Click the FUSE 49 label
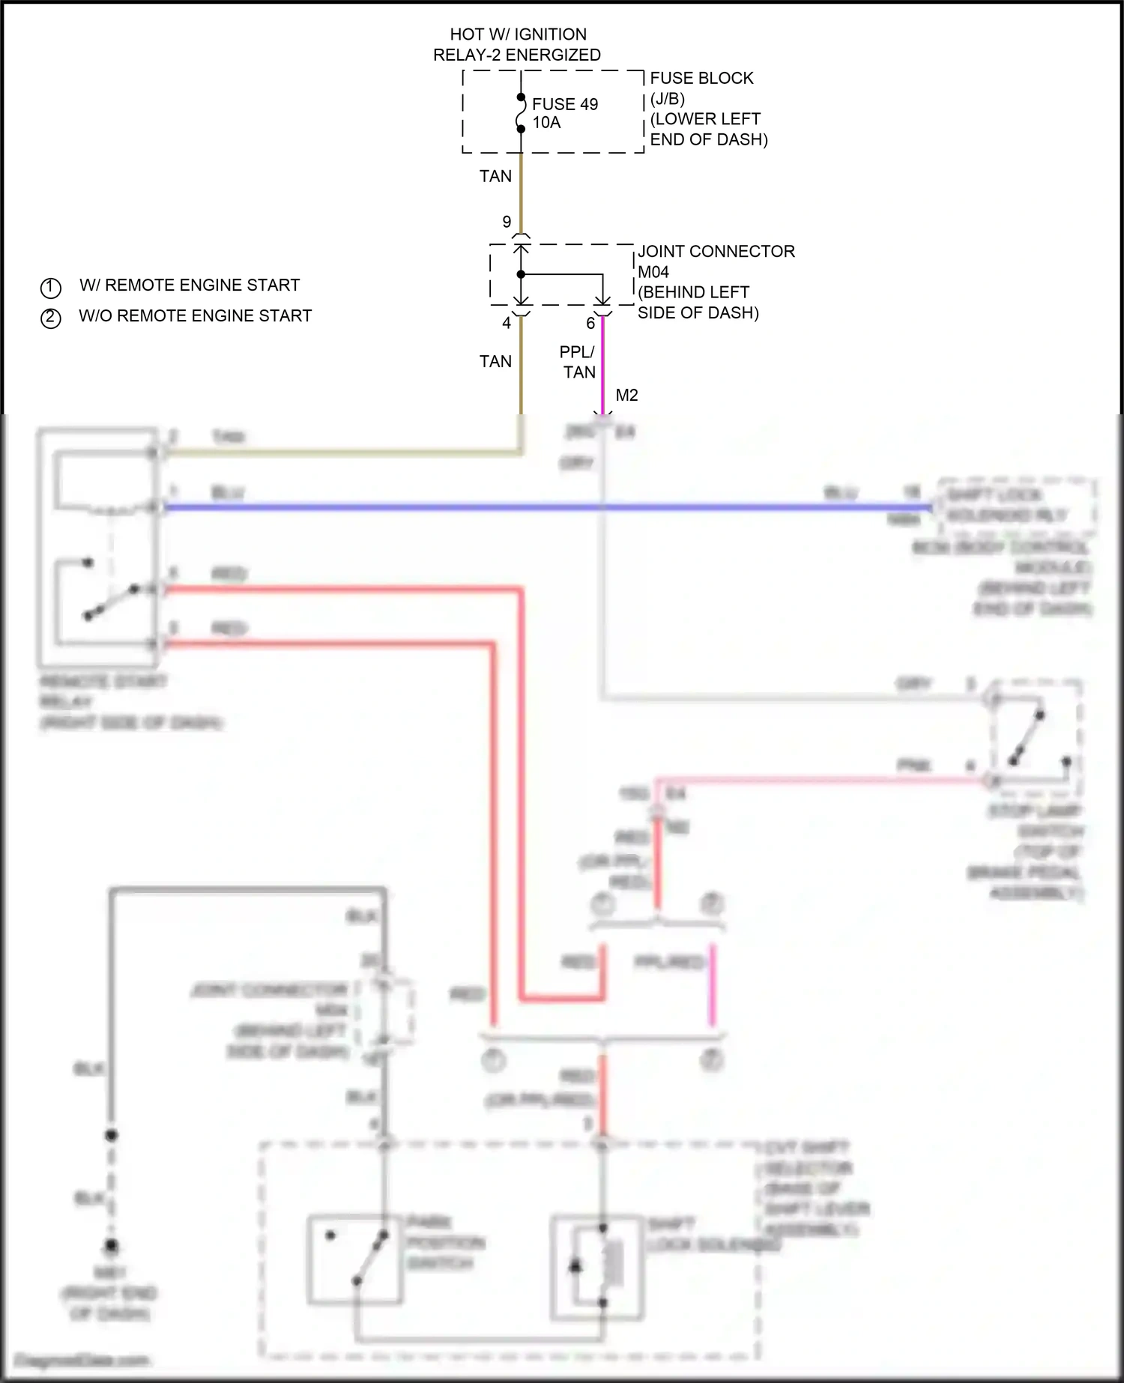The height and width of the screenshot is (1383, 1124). tap(564, 104)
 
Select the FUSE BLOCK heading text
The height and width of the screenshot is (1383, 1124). tap(701, 78)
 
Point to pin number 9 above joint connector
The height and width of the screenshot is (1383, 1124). tap(507, 222)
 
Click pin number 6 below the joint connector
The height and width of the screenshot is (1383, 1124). tap(590, 324)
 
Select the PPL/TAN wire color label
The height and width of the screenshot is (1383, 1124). tap(578, 362)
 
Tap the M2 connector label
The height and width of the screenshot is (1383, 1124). tap(626, 395)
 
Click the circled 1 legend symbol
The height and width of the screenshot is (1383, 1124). tap(50, 287)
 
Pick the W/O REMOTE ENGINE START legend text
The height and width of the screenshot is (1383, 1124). tap(195, 316)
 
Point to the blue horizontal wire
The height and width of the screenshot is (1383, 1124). tap(525, 507)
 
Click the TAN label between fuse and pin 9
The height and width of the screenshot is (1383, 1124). tap(495, 176)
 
